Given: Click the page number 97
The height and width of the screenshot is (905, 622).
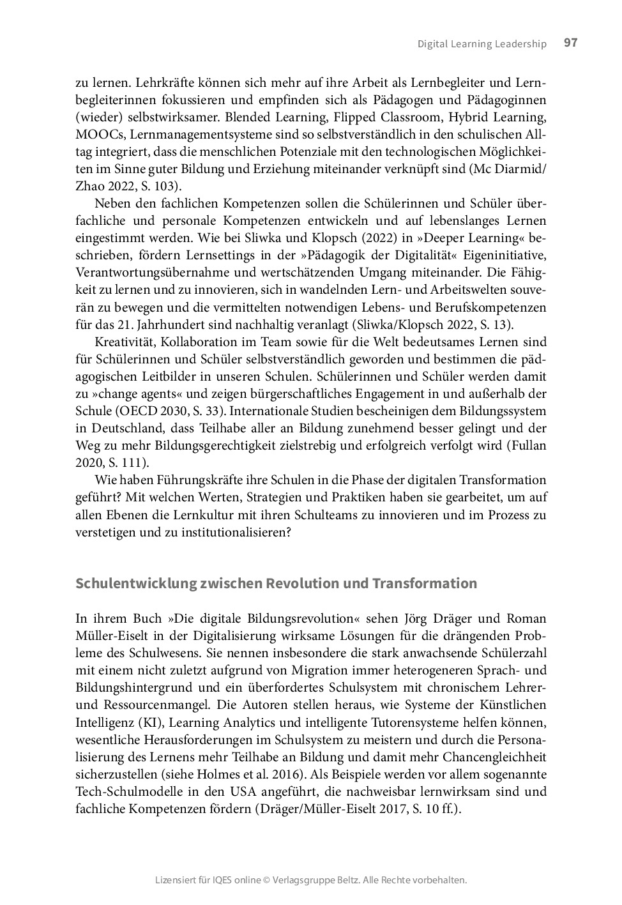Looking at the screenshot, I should pos(571,43).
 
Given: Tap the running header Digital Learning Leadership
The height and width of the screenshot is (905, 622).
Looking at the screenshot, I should pos(482,44).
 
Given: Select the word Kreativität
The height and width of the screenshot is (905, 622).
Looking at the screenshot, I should pos(125,342).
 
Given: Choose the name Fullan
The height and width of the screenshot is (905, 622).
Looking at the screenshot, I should pos(529,445).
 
